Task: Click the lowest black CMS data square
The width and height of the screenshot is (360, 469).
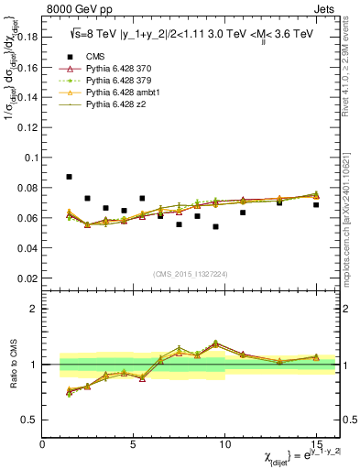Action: click(x=215, y=226)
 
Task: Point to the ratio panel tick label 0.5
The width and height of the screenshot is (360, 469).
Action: click(x=30, y=420)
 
